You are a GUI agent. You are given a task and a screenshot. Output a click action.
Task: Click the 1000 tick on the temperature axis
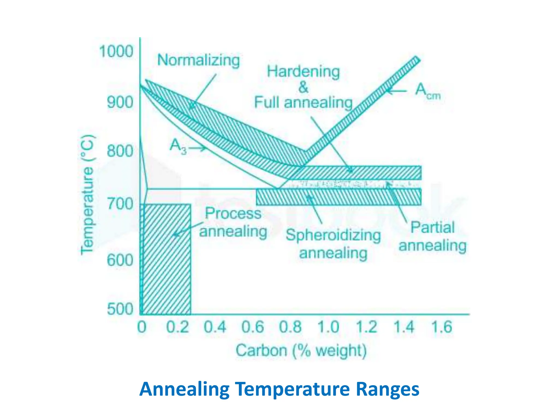click(x=116, y=51)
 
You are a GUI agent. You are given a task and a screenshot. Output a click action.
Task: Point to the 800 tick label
click(x=120, y=151)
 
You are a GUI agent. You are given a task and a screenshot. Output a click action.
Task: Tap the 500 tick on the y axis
click(x=120, y=309)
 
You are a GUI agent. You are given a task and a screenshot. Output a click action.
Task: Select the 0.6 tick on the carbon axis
click(x=252, y=327)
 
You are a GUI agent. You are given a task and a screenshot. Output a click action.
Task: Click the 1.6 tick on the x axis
click(x=441, y=327)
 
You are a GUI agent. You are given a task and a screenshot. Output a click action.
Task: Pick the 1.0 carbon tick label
click(x=328, y=327)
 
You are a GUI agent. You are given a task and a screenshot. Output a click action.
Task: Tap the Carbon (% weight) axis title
click(x=301, y=351)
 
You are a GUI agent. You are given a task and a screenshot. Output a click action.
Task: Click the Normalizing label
click(x=198, y=60)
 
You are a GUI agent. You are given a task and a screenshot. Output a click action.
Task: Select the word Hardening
click(x=303, y=71)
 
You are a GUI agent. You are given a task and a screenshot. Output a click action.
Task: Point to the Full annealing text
click(x=303, y=103)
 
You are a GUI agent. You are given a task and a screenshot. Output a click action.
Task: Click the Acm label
click(x=427, y=91)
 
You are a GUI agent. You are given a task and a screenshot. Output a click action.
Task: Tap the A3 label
click(x=178, y=146)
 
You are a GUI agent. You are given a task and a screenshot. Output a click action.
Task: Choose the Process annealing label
click(x=233, y=222)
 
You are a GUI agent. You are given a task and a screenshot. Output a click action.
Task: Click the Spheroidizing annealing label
click(x=333, y=244)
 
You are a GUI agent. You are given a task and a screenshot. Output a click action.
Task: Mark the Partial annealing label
click(x=432, y=236)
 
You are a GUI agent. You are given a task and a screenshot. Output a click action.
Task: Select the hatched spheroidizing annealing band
click(x=338, y=197)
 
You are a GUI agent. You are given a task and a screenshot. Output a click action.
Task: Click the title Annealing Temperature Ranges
click(x=279, y=389)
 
